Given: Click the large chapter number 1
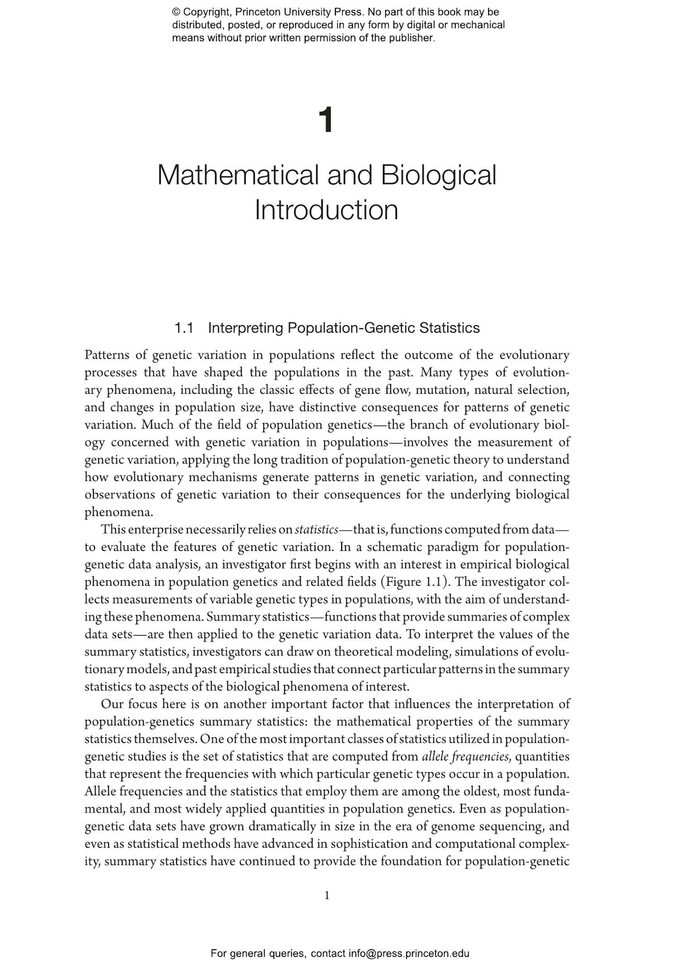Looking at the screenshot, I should click(x=326, y=120).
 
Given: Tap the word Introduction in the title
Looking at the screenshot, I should click(x=326, y=210).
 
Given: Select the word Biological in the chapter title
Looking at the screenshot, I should click(x=438, y=175).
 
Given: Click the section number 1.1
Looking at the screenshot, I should click(x=184, y=328).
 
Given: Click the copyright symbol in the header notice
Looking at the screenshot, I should click(x=176, y=12).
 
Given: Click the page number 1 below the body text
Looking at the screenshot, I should click(x=327, y=895).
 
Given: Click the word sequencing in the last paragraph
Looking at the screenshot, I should click(x=513, y=827).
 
